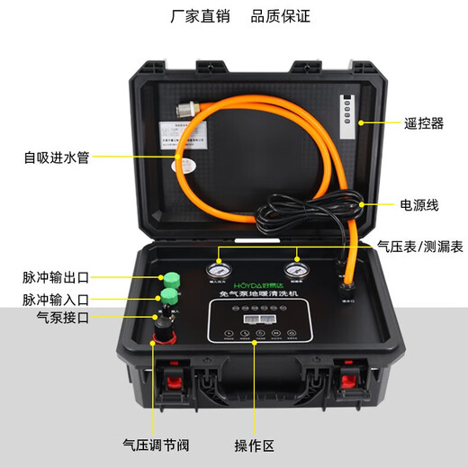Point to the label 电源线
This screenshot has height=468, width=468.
pyautogui.click(x=418, y=205)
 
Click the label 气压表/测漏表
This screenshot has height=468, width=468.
pyautogui.click(x=419, y=245)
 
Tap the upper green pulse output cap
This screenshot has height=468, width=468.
pyautogui.click(x=168, y=280)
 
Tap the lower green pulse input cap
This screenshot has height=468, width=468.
pyautogui.click(x=167, y=299)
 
